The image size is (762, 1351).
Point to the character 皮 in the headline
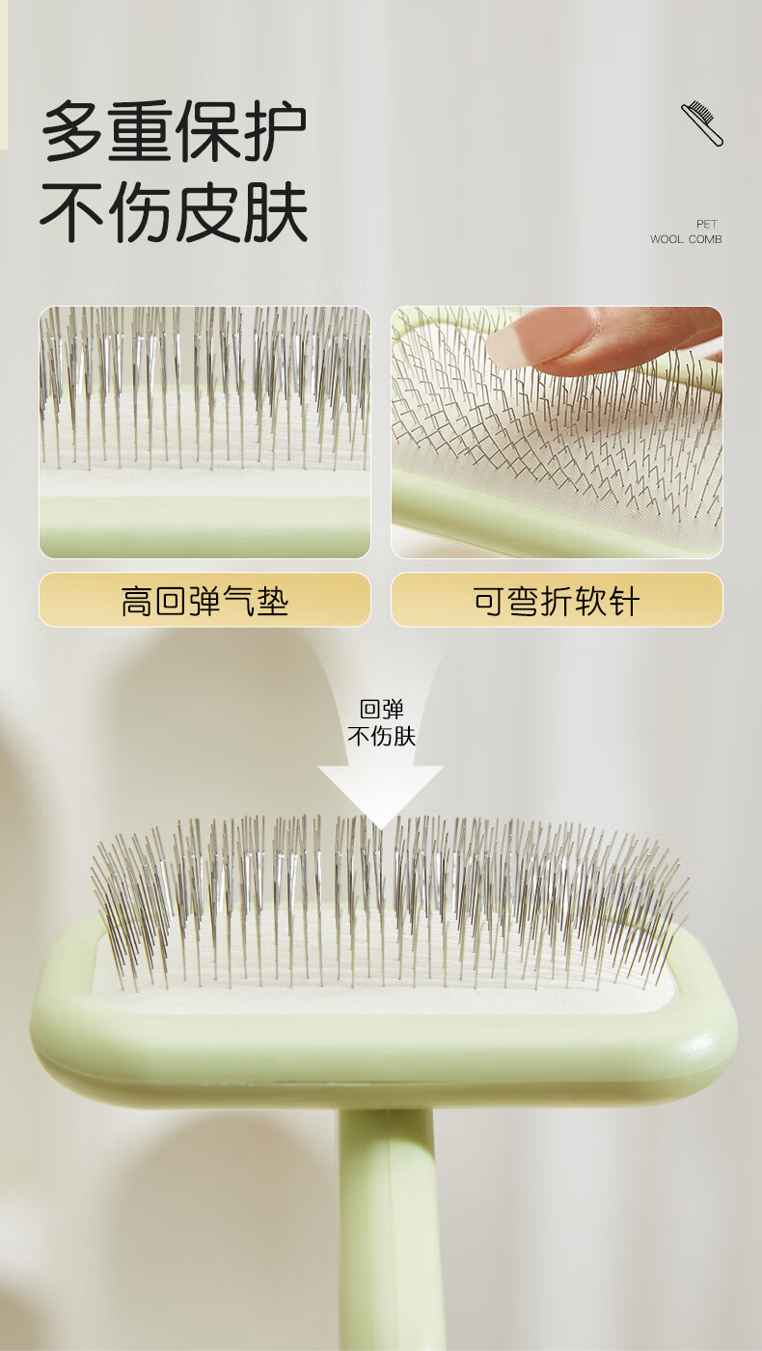coord(207,213)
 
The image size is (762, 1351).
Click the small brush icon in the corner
coord(701,123)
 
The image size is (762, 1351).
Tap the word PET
coord(706,224)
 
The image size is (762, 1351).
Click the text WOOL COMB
coord(686,239)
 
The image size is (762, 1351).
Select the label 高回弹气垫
coord(204,601)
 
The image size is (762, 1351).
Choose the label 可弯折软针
coord(557,601)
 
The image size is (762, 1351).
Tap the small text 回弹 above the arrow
coord(381,710)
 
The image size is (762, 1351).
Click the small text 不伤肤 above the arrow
coord(381,737)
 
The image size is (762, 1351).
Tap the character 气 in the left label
coord(238,601)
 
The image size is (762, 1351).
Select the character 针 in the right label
coord(624,601)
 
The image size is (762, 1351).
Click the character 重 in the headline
coord(139,131)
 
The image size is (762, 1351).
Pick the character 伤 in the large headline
coord(139,213)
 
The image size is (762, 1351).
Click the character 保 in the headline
coord(207,131)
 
